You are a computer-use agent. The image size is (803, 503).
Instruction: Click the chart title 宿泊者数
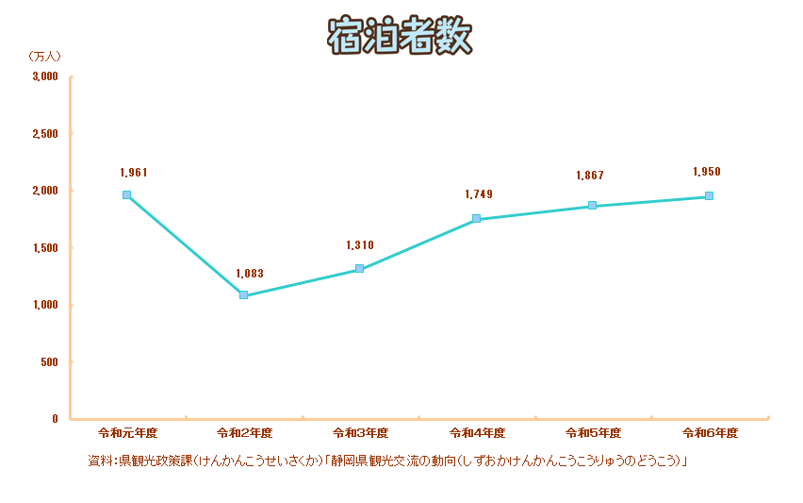[x=400, y=37]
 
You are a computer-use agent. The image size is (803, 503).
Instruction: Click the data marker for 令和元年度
[x=126, y=194]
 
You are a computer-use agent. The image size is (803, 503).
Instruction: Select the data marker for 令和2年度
[x=243, y=295]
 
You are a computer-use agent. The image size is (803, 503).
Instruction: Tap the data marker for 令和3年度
[x=359, y=269]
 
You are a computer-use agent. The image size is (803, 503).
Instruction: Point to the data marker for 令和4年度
[x=476, y=219]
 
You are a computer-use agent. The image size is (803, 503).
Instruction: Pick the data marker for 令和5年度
[x=592, y=206]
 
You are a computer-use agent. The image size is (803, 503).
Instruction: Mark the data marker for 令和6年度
[x=709, y=196]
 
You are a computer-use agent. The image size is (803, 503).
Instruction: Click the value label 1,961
[x=135, y=173]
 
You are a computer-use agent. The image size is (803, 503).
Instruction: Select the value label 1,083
[x=250, y=274]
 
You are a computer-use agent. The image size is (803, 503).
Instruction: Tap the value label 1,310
[x=360, y=245]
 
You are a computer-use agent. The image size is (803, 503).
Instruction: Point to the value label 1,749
[x=479, y=194]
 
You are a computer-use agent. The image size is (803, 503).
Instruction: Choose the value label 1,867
[x=590, y=176]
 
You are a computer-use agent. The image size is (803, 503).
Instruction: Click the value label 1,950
[x=707, y=172]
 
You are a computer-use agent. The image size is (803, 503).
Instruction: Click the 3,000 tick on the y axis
[x=44, y=76]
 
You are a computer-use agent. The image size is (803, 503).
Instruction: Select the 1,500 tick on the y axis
[x=44, y=247]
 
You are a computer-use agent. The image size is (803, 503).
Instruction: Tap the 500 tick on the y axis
[x=49, y=361]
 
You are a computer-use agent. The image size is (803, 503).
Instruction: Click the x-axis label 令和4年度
[x=478, y=433]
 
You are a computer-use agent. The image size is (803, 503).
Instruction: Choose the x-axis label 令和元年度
[x=128, y=433]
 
